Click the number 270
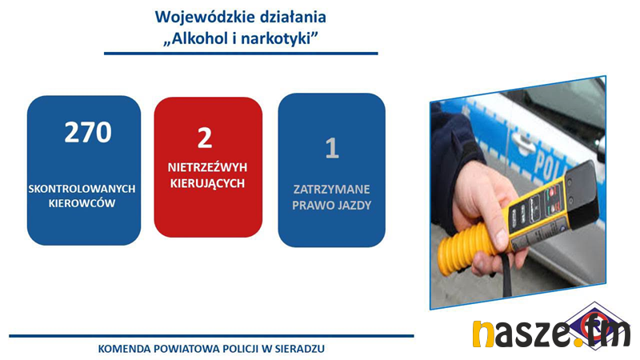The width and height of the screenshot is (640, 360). (x=88, y=132)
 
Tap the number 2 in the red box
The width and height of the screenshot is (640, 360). (x=205, y=138)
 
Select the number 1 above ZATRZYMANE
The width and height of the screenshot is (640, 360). (x=332, y=148)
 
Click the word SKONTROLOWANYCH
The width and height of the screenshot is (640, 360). (x=82, y=189)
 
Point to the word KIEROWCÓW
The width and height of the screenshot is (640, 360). (x=82, y=203)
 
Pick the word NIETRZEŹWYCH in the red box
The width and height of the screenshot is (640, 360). (x=207, y=167)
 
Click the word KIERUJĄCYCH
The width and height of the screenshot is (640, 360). (x=207, y=183)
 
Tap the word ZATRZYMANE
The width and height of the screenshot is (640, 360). (x=331, y=190)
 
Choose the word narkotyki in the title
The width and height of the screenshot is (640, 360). (x=275, y=38)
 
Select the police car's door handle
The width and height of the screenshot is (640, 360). (x=523, y=142)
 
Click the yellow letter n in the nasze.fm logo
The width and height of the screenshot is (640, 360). (x=483, y=334)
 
